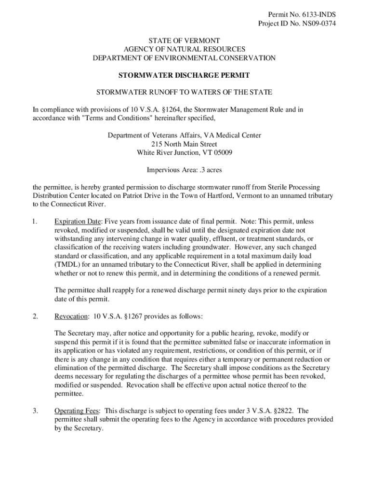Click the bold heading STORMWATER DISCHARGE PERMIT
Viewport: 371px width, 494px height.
[x=184, y=76]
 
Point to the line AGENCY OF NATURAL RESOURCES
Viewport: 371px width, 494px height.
[x=184, y=49]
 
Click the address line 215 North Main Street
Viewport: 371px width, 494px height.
[x=184, y=144]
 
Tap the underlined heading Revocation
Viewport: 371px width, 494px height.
[x=71, y=316]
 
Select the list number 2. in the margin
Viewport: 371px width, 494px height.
[x=36, y=316]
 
